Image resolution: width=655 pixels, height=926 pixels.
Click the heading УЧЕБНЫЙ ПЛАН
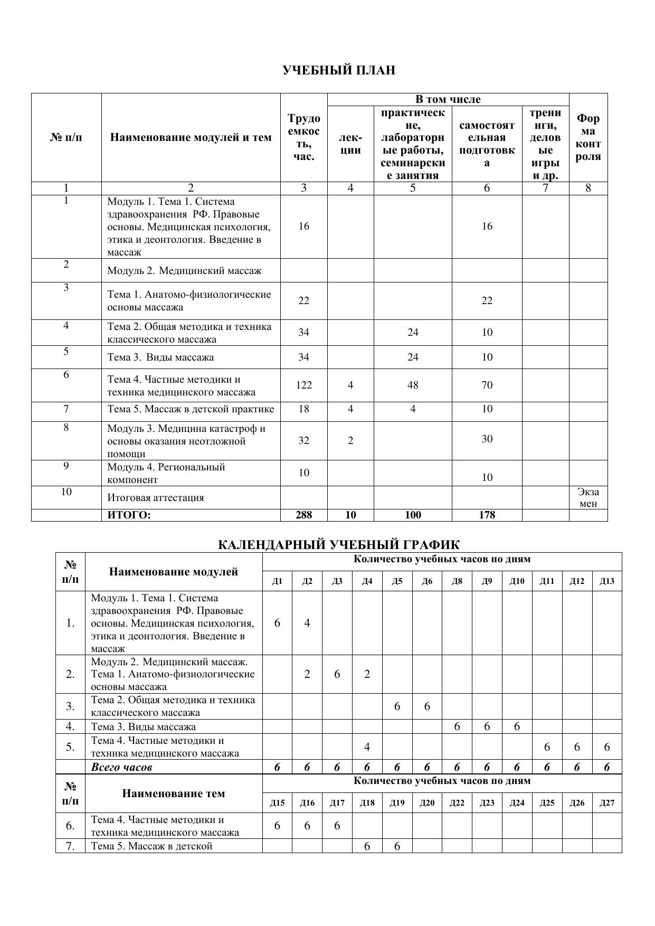point(338,71)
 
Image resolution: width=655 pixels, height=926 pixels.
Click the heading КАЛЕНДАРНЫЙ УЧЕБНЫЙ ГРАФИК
point(338,545)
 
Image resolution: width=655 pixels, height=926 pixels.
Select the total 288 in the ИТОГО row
point(304,515)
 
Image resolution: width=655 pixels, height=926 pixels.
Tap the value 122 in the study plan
point(304,385)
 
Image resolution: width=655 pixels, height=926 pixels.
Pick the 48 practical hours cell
point(413,385)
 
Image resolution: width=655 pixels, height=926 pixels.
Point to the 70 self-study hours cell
point(487,385)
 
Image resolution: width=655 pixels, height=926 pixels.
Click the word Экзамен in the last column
point(588,498)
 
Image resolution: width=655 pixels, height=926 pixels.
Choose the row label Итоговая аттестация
point(156,498)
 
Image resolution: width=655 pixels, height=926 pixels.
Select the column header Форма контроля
point(588,138)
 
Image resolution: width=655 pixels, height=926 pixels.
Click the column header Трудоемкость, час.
point(304,138)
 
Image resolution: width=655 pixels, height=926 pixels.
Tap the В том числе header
point(448,100)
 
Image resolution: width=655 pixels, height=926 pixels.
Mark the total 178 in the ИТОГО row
point(487,515)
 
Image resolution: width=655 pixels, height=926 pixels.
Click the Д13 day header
point(607,581)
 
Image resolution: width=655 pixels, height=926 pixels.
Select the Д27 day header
point(607,803)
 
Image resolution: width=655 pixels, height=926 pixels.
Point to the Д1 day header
point(277,581)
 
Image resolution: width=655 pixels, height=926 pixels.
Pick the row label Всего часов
point(122,768)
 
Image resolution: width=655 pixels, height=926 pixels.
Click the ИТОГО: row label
point(129,515)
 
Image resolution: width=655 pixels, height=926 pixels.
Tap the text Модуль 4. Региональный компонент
point(166,474)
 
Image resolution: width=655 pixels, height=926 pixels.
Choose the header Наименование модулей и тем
point(191,138)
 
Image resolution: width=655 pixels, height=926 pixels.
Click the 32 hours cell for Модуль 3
point(304,441)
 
